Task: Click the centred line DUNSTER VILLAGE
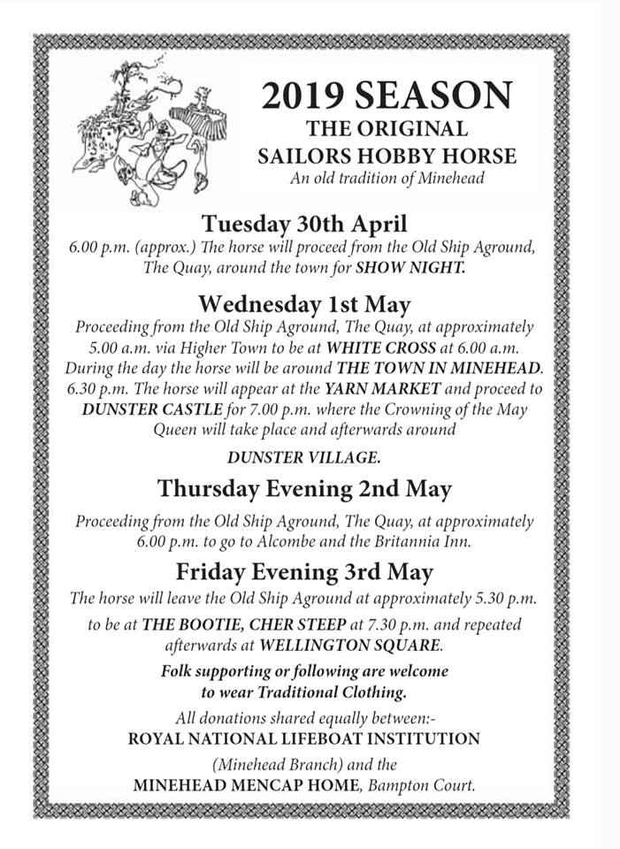click(303, 457)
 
